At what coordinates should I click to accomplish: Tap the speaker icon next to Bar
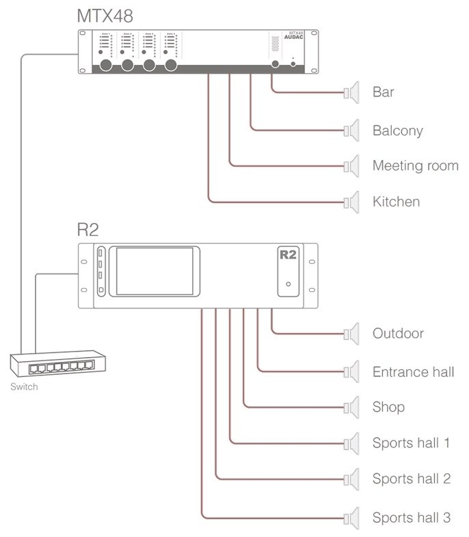[x=351, y=92]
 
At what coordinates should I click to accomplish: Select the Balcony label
[x=397, y=129]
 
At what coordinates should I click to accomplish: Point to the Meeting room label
[x=415, y=166]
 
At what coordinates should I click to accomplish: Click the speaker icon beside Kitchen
[x=351, y=202]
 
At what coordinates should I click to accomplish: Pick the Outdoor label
[x=398, y=334]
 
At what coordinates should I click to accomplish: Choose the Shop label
[x=388, y=407]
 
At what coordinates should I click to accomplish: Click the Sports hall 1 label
[x=411, y=443]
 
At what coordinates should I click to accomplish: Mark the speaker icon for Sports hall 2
[x=351, y=477]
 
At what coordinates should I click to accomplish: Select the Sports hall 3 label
[x=411, y=517]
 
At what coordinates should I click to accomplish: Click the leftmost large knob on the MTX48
[x=107, y=66]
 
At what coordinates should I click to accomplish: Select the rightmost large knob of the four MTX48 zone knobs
[x=169, y=66]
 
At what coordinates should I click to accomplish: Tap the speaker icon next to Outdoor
[x=351, y=334]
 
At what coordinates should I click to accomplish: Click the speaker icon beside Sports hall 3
[x=351, y=516]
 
